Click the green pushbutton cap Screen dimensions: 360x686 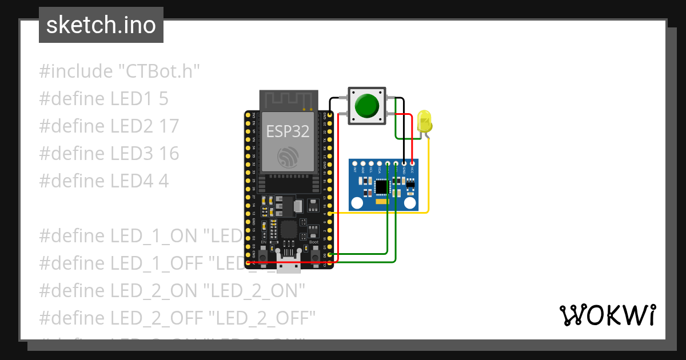366,106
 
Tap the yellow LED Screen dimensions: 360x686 424,121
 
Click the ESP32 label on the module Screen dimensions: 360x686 288,131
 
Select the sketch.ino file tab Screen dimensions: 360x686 101,25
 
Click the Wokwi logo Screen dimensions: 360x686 607,315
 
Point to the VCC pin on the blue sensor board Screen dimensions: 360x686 412,164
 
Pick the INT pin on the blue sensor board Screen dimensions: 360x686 355,164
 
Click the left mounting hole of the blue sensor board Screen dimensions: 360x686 357,202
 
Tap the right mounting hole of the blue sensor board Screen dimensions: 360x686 410,202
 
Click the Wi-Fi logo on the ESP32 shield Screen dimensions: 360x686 288,157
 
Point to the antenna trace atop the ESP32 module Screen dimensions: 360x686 288,101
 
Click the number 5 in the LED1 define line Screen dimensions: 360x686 163,99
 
